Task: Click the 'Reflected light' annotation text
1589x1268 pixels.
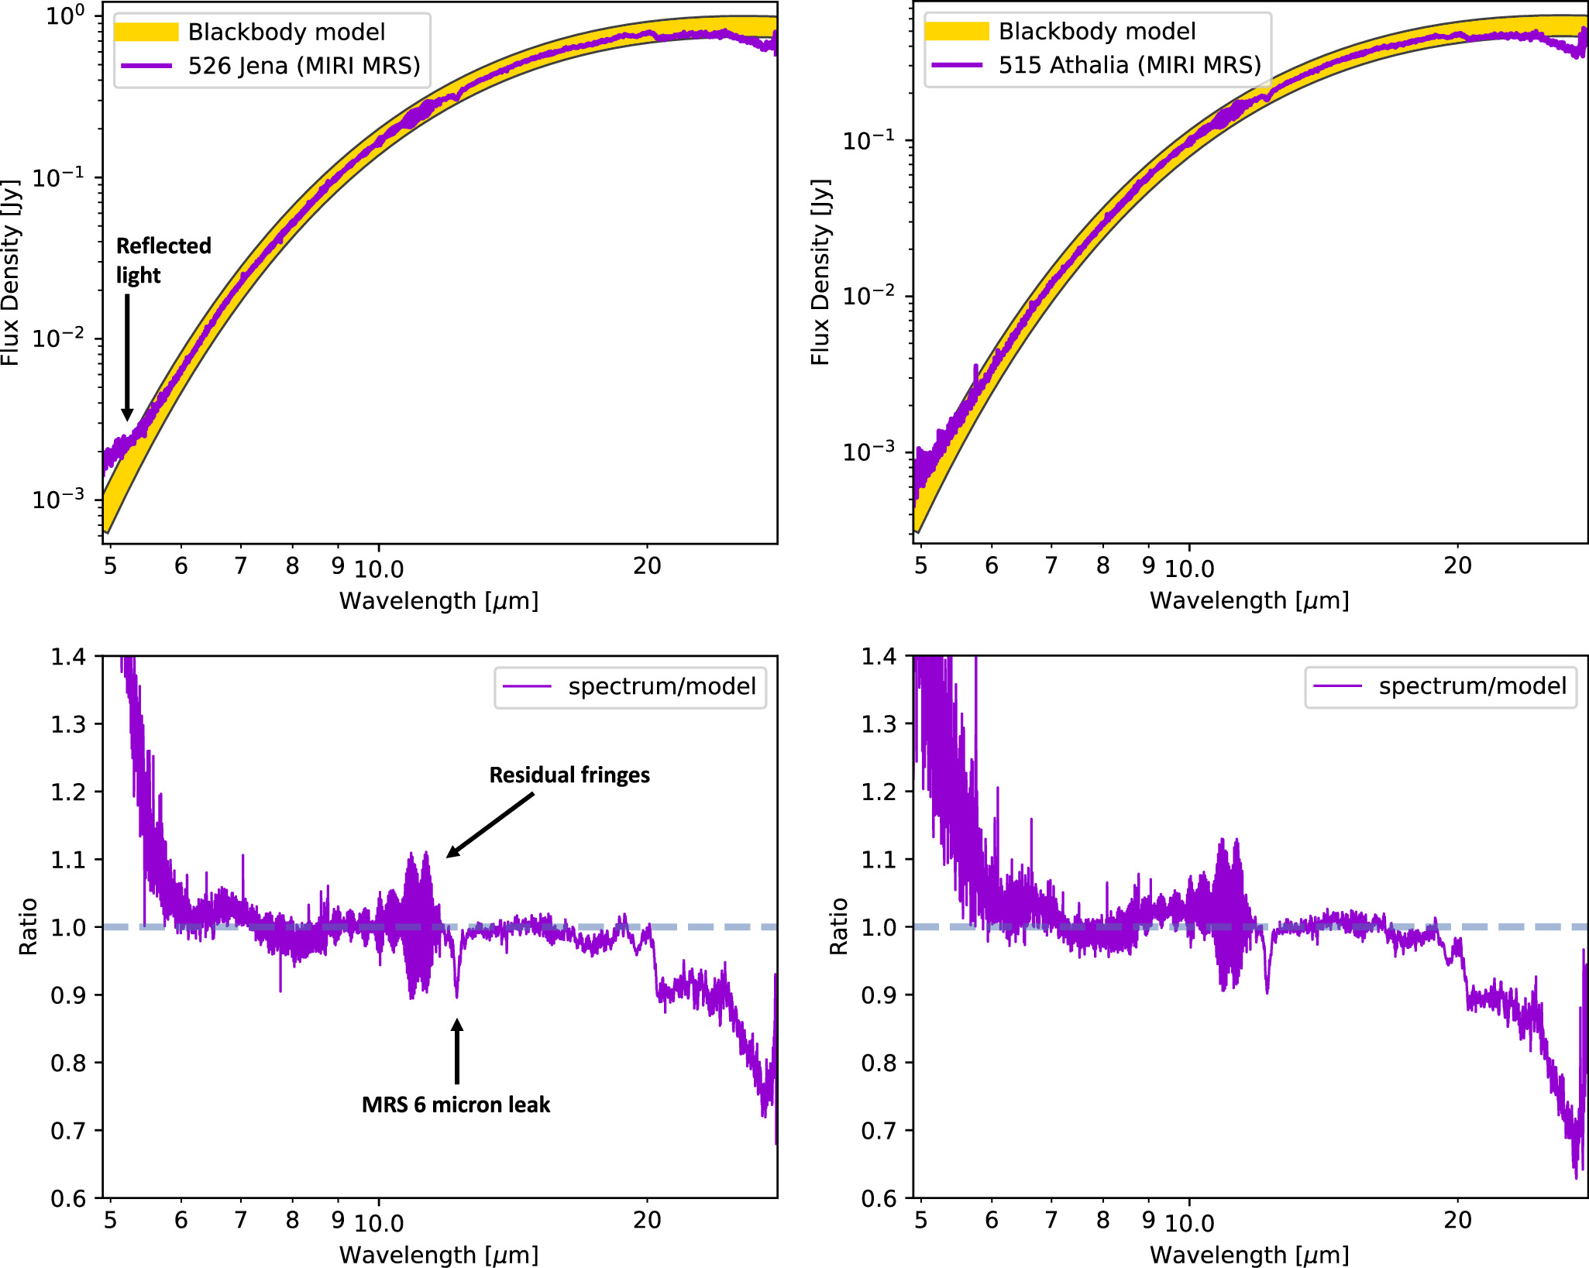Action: (x=163, y=260)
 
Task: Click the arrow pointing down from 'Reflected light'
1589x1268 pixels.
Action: (x=127, y=356)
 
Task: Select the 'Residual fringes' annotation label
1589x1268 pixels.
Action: (x=569, y=775)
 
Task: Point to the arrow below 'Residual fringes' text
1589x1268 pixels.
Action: (x=490, y=825)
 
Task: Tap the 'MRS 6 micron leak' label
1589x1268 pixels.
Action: (x=456, y=1105)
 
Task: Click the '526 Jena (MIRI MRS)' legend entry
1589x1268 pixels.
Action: (x=304, y=66)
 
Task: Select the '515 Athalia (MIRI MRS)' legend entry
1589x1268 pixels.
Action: (x=1130, y=65)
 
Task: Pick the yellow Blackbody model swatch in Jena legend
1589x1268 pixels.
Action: (x=146, y=32)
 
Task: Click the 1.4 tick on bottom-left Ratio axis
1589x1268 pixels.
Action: (x=68, y=657)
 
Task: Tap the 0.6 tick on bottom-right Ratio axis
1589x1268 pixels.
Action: (x=879, y=1198)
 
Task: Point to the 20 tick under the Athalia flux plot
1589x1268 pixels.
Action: (x=1457, y=566)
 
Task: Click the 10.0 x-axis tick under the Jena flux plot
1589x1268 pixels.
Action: (x=379, y=569)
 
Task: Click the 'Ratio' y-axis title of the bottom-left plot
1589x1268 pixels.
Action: (x=29, y=926)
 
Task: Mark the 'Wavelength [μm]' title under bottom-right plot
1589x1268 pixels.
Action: (x=1249, y=1255)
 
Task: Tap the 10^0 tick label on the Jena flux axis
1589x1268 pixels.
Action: (x=65, y=15)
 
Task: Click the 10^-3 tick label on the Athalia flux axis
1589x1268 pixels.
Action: (x=868, y=451)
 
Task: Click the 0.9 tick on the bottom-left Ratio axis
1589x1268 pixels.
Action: (x=68, y=995)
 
